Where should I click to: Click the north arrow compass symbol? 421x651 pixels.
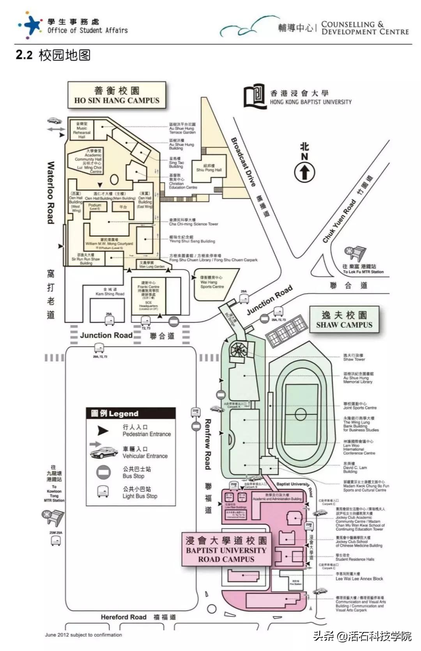click(x=304, y=172)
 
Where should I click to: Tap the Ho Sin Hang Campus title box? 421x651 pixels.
click(x=117, y=95)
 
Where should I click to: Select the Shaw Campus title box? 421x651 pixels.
click(x=344, y=319)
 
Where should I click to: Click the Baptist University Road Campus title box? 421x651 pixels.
click(x=226, y=550)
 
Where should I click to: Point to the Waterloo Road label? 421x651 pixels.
click(x=51, y=193)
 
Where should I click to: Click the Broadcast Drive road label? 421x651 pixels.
click(x=244, y=162)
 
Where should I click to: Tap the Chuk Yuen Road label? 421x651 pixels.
click(x=339, y=221)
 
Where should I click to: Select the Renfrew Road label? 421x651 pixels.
click(x=208, y=444)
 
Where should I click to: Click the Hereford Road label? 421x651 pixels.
click(x=124, y=617)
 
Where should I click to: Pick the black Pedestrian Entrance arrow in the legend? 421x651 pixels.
click(x=103, y=430)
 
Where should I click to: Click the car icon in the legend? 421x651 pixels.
click(x=104, y=452)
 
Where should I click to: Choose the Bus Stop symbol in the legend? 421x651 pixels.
click(x=103, y=472)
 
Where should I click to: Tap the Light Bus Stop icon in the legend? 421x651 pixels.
click(x=103, y=492)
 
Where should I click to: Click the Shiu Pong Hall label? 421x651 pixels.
click(x=209, y=168)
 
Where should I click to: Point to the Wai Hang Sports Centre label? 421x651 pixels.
click(x=212, y=282)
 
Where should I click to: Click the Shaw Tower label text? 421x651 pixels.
click(x=354, y=357)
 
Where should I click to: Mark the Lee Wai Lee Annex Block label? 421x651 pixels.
click(x=359, y=576)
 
